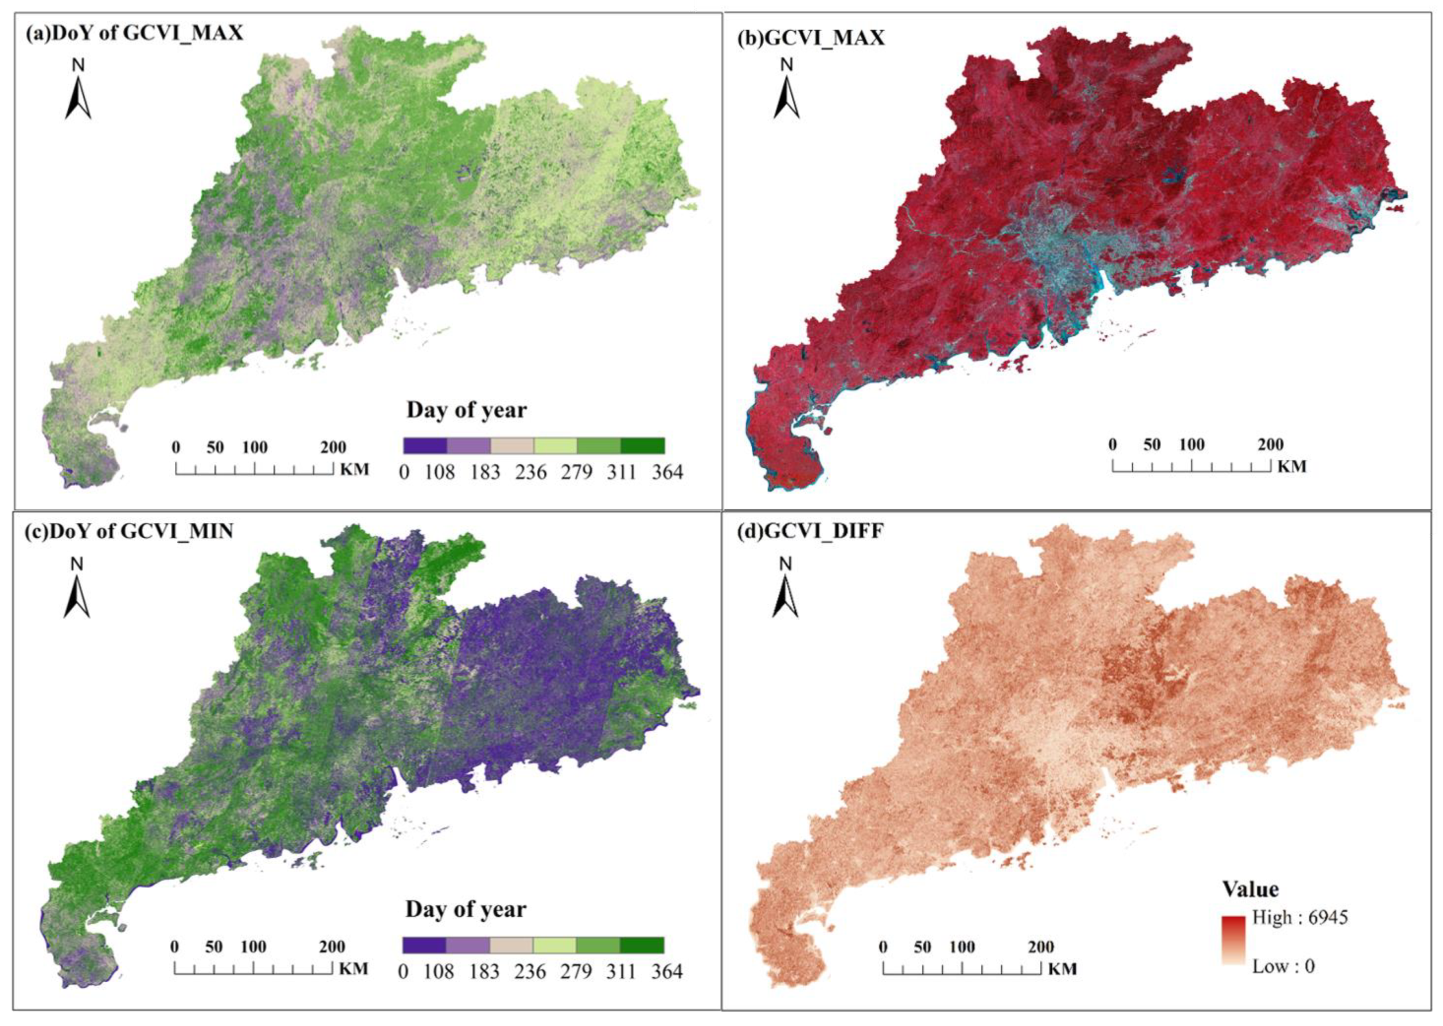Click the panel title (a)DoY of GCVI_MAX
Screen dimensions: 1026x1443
pos(134,33)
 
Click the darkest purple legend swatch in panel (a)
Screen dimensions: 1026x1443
pos(425,445)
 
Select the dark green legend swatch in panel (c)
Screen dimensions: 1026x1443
pos(642,945)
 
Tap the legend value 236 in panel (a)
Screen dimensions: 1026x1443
pos(530,472)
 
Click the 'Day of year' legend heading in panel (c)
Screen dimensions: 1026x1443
pos(465,909)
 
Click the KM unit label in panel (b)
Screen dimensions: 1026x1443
pos(1292,467)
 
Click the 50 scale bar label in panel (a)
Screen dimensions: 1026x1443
pos(215,447)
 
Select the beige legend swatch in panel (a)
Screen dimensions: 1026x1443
pos(512,445)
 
